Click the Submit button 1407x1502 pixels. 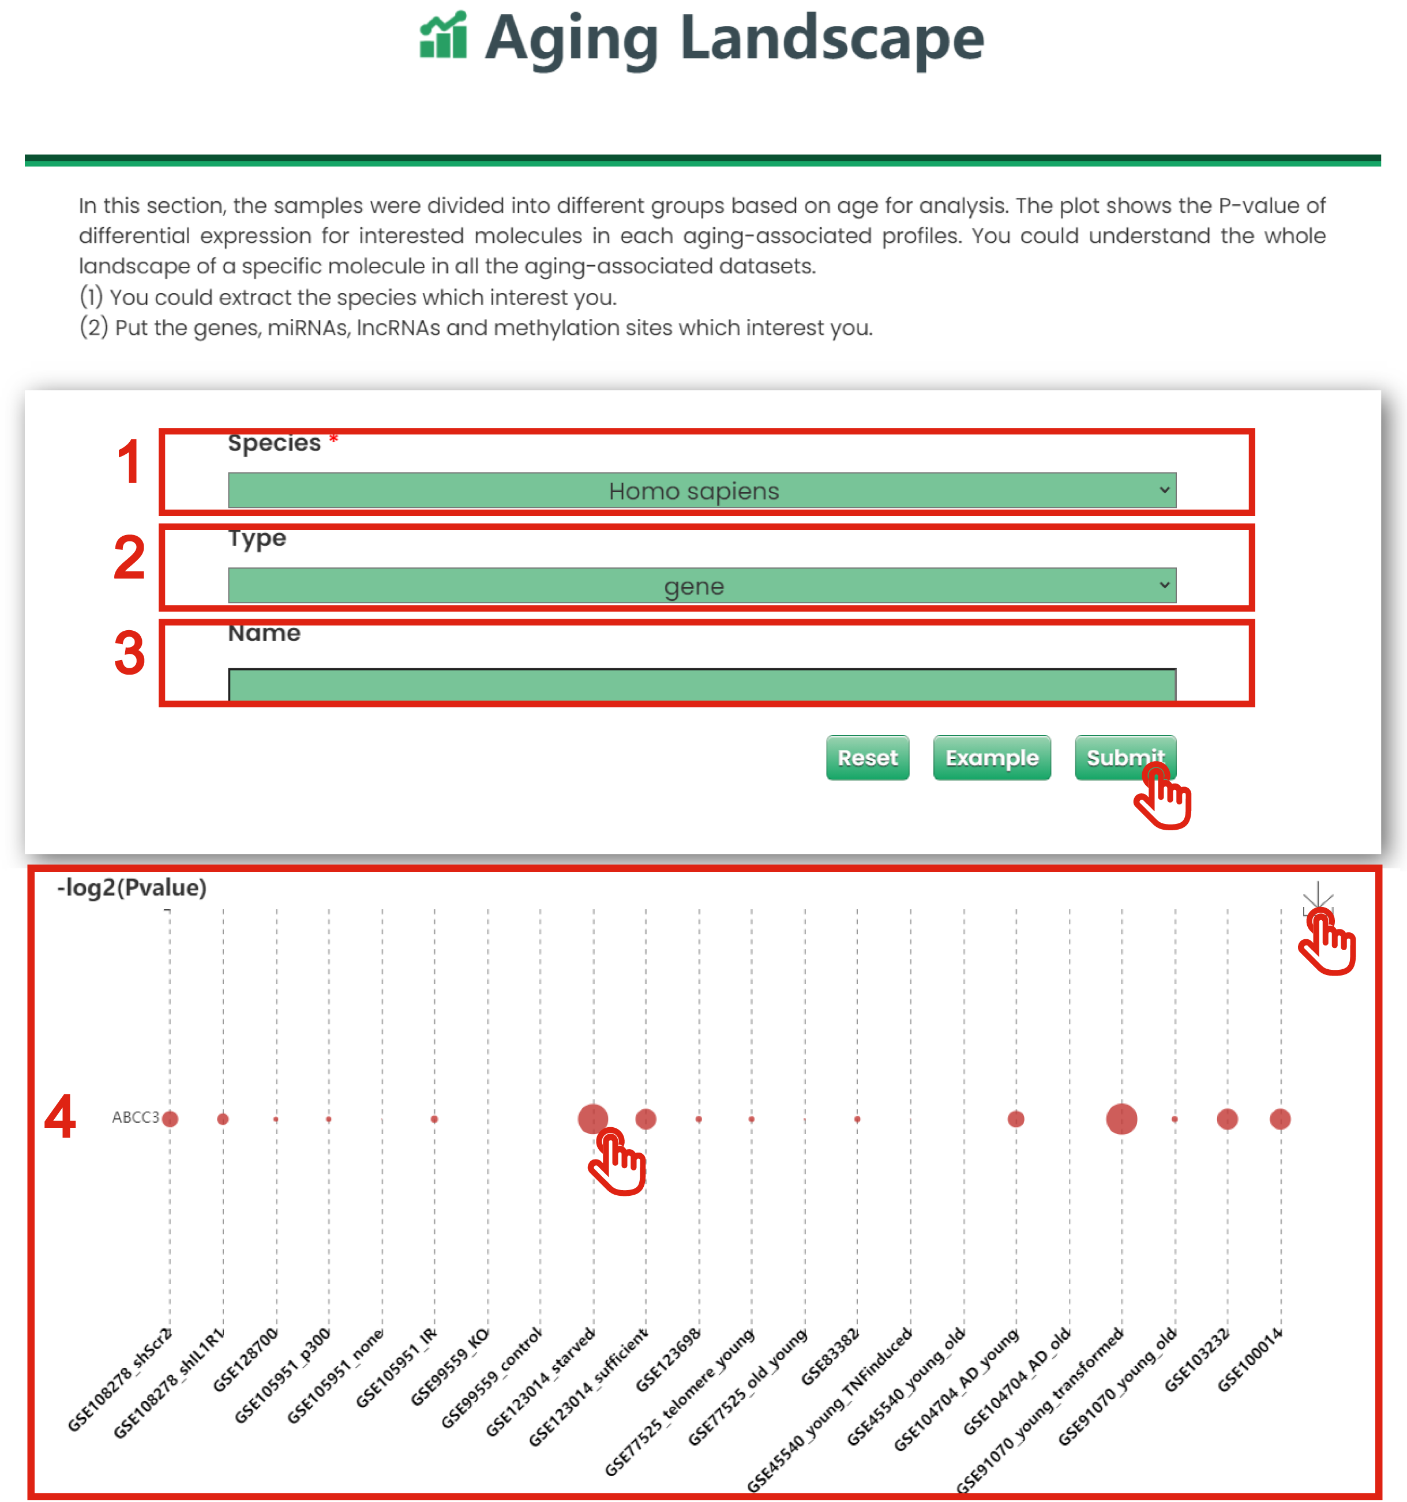pos(1124,757)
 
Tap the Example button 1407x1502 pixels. pos(991,757)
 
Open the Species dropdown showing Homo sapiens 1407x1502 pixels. pos(701,490)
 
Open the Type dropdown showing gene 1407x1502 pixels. pos(701,586)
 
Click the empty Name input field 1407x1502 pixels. pos(701,684)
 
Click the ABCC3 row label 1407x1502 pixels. pos(136,1117)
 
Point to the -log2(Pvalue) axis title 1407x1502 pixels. pos(132,887)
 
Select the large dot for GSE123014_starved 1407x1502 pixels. pos(592,1118)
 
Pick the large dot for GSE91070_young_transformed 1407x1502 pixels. pos(1121,1118)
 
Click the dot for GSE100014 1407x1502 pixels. pos(1280,1118)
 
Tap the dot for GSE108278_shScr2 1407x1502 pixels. pos(170,1118)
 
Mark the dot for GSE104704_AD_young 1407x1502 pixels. pos(1015,1118)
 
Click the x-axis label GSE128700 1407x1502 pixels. pos(246,1360)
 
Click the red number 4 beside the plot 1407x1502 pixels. pos(60,1117)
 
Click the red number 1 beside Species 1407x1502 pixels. pos(129,462)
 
